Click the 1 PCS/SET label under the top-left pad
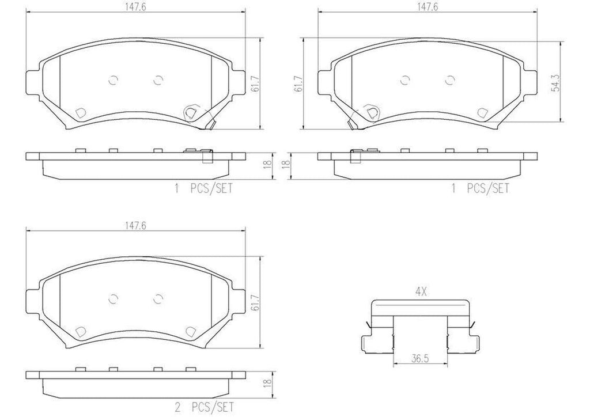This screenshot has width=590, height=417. [x=205, y=188]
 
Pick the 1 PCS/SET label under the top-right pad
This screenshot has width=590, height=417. [x=481, y=188]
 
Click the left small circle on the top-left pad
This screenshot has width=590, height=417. [x=113, y=80]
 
